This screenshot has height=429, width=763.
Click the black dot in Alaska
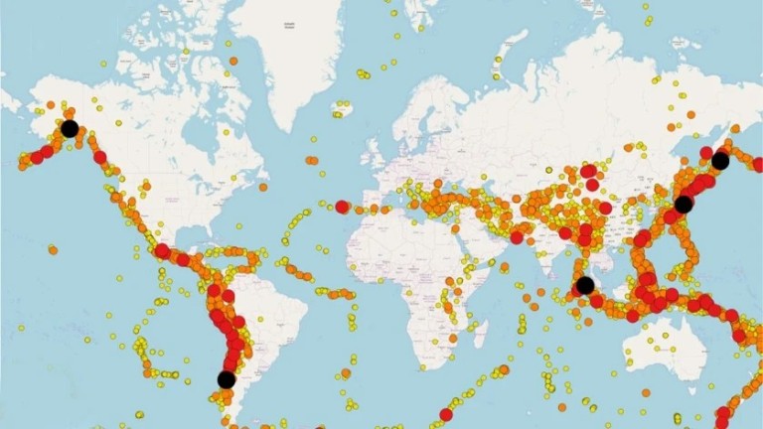(70, 128)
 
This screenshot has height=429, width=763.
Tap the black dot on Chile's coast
(227, 379)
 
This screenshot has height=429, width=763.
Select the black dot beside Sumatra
(585, 286)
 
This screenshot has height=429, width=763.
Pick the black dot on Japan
(684, 205)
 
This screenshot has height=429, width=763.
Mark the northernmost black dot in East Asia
(720, 161)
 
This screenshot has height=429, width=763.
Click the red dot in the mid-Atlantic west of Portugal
(343, 207)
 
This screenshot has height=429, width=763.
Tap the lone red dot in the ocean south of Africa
(446, 414)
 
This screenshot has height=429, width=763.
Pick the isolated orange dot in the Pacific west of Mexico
(53, 250)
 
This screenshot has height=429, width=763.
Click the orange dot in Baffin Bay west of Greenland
(233, 61)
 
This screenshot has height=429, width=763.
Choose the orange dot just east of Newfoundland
(264, 186)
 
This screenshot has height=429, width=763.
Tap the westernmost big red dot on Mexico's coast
(162, 250)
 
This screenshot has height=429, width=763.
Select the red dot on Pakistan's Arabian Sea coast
(517, 236)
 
